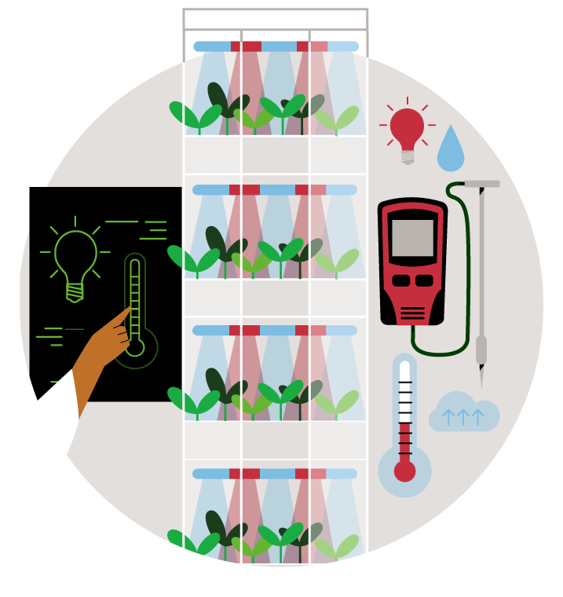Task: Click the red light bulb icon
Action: (407, 127)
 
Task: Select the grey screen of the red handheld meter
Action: (412, 237)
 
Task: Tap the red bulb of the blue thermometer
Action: (404, 471)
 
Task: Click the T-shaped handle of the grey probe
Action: (481, 184)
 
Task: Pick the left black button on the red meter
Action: (400, 280)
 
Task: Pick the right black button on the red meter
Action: (424, 280)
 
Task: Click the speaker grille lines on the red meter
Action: (412, 313)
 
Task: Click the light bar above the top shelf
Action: (275, 46)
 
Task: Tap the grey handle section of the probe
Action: (481, 349)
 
